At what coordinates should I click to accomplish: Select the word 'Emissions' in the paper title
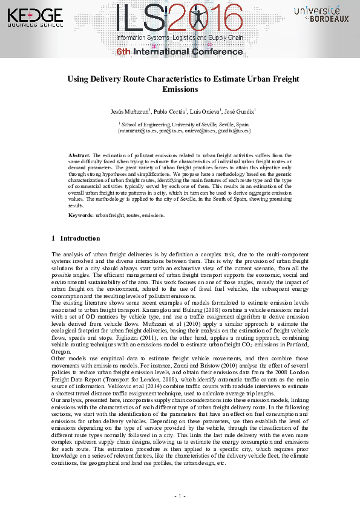pyautogui.click(x=180, y=89)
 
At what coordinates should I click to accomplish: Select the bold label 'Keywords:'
pyautogui.click(x=81, y=215)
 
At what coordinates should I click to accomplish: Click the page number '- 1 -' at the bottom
pyautogui.click(x=180, y=496)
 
